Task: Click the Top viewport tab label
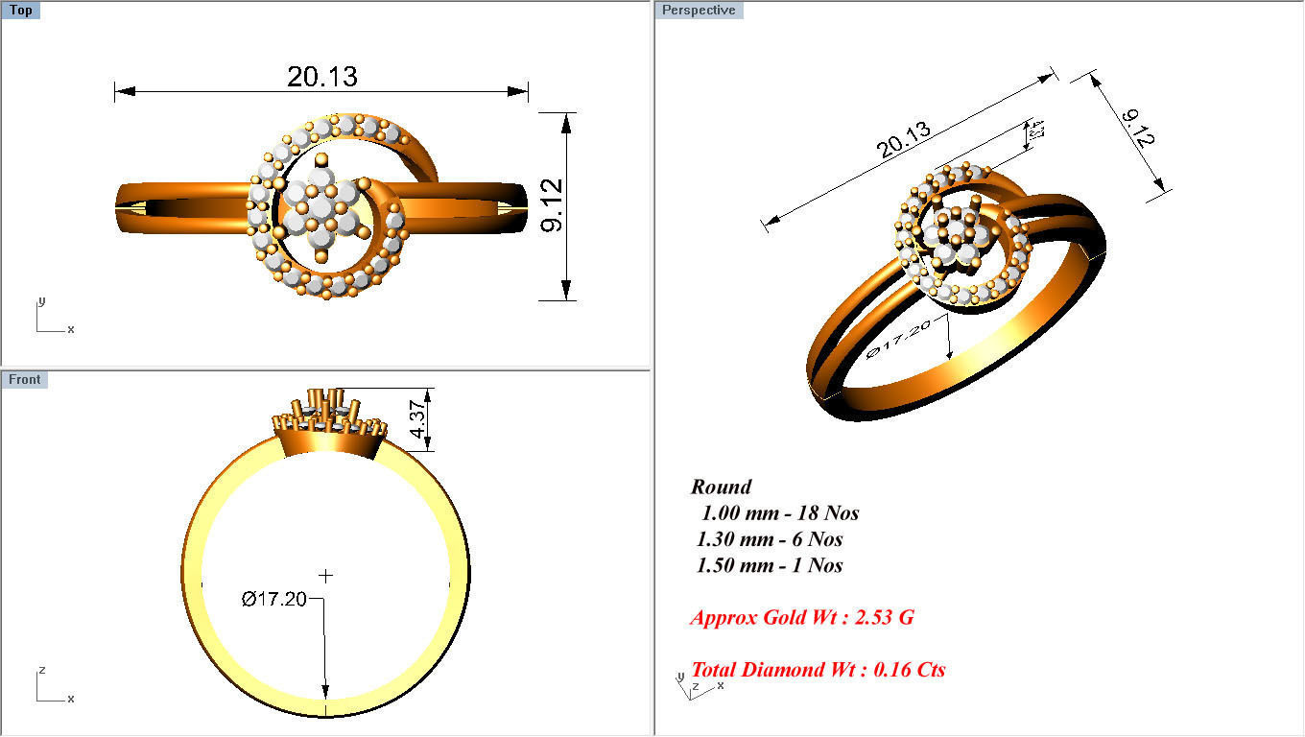click(x=20, y=11)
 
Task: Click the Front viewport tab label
click(x=24, y=379)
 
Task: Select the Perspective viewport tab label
click(x=699, y=11)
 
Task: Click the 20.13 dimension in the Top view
click(x=321, y=77)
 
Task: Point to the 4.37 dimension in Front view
click(x=417, y=419)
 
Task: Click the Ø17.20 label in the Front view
click(x=274, y=600)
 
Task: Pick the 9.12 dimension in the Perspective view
click(x=1138, y=128)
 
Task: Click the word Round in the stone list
click(x=721, y=487)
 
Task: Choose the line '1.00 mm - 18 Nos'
click(x=779, y=512)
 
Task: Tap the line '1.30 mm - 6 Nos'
click(x=770, y=539)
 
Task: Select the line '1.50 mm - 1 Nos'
click(x=770, y=565)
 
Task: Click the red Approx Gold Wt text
click(x=801, y=617)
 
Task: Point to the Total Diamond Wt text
click(x=818, y=670)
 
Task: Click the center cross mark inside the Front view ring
click(x=326, y=576)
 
